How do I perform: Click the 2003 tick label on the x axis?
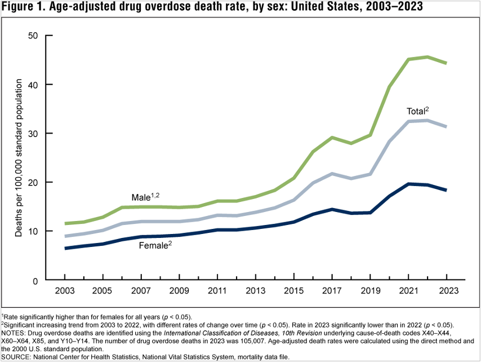point(65,292)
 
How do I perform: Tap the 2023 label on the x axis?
point(447,292)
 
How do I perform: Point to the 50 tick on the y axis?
point(33,36)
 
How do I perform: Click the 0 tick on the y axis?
point(35,280)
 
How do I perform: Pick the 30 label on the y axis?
point(33,134)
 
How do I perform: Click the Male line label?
point(143,197)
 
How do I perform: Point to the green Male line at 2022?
point(427,57)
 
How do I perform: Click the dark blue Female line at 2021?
point(408,184)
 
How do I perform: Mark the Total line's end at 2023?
point(447,126)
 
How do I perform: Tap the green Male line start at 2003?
point(65,224)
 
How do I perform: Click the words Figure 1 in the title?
point(23,7)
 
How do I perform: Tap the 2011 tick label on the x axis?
point(217,292)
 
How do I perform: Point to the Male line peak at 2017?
point(332,138)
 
